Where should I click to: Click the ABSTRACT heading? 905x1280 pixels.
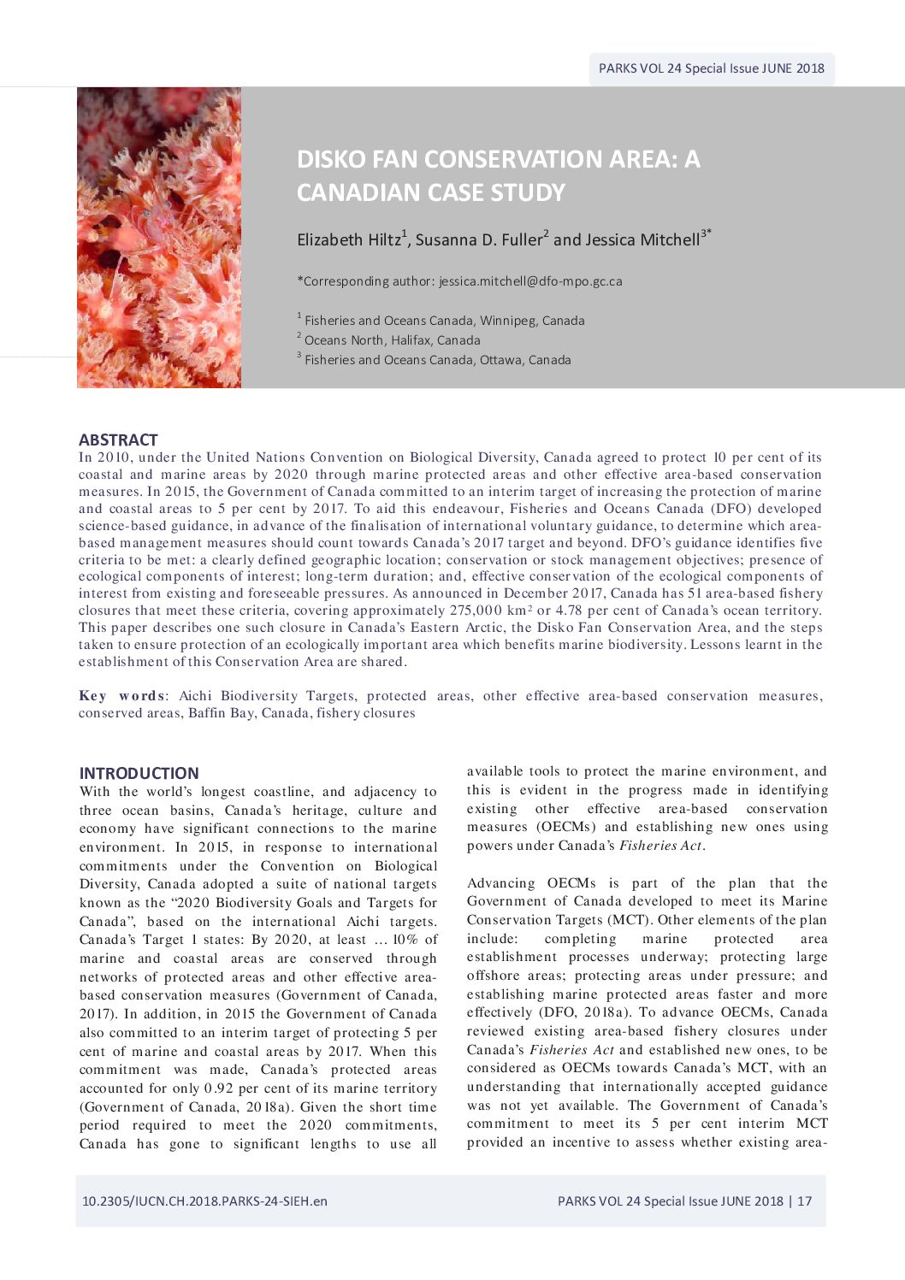[118, 439]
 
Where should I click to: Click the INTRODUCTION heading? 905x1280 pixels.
[139, 773]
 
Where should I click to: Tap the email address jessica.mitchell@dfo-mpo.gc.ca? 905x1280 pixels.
[530, 281]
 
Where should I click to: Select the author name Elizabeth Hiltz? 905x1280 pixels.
[348, 240]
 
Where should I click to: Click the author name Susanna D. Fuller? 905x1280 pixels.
[478, 240]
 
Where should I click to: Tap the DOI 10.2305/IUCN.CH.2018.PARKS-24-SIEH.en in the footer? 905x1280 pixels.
[204, 1200]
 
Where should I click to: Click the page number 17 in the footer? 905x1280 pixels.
[804, 1200]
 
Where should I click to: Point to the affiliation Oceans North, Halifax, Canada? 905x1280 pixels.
[392, 340]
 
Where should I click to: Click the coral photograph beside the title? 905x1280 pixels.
[159, 238]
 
